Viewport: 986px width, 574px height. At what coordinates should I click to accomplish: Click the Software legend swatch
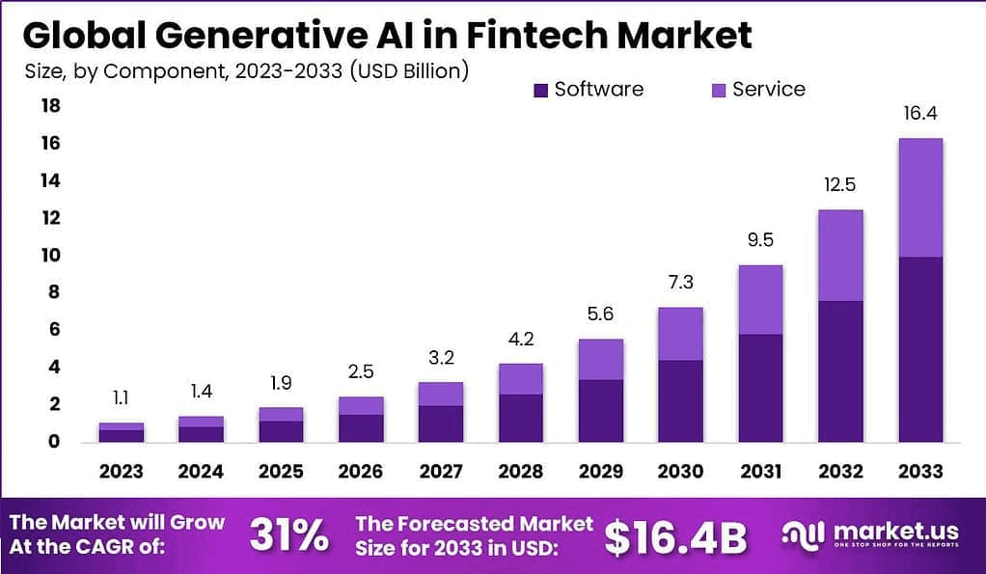(540, 91)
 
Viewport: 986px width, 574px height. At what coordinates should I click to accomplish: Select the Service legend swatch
(718, 91)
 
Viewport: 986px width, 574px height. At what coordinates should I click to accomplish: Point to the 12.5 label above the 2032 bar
(839, 185)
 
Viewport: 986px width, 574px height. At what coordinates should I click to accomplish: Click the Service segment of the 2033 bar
(919, 198)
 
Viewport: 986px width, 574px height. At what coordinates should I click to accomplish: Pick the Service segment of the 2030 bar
(680, 334)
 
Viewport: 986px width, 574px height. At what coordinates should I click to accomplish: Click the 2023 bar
(122, 432)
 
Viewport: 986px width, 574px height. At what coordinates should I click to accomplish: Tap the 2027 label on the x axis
(440, 472)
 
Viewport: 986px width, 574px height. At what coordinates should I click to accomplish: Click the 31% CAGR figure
(288, 536)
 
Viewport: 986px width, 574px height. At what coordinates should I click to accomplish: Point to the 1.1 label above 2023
(122, 396)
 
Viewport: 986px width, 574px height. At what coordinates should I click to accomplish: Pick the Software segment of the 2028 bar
(520, 418)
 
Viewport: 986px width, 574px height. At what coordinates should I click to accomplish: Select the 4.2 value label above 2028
(520, 339)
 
